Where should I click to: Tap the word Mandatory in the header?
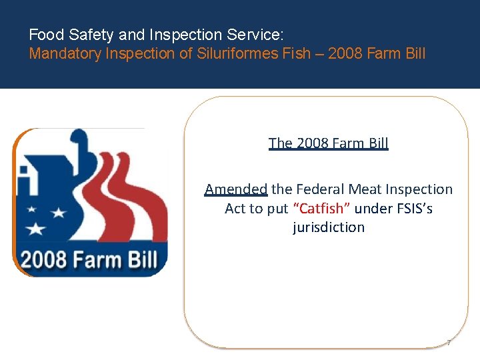(x=65, y=53)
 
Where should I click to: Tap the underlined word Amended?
(x=236, y=189)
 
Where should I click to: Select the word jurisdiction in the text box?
(x=329, y=227)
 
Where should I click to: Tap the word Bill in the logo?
(x=142, y=259)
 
